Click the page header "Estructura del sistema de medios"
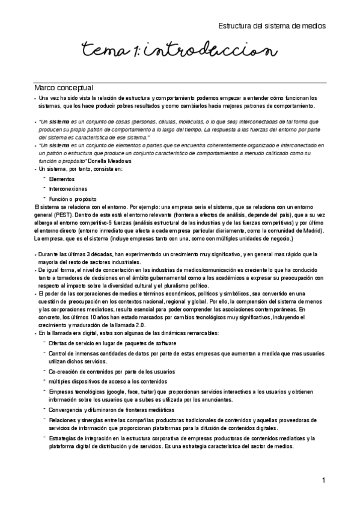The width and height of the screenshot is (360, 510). (x=272, y=26)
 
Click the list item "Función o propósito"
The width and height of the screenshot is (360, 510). (x=72, y=199)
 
